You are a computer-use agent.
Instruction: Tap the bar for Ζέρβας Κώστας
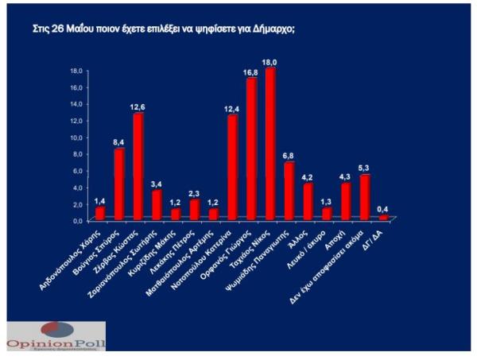pyautogui.click(x=138, y=167)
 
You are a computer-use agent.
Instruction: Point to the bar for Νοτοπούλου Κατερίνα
pyautogui.click(x=233, y=168)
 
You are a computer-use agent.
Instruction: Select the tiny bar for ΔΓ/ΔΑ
pyautogui.click(x=383, y=217)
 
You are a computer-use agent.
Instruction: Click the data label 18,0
pyautogui.click(x=271, y=61)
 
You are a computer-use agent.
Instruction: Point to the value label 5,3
pyautogui.click(x=365, y=168)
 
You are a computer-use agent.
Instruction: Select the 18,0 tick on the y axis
pyautogui.click(x=77, y=70)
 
